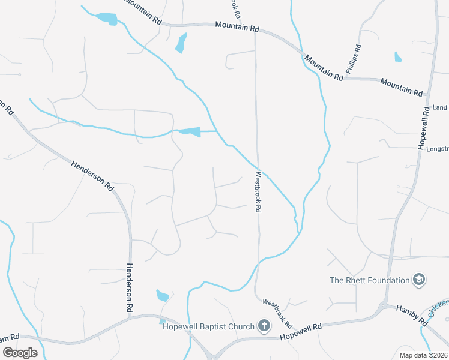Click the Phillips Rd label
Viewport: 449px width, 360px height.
(x=352, y=59)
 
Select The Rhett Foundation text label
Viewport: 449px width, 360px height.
(x=369, y=280)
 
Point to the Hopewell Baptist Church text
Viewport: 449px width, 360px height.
(x=208, y=326)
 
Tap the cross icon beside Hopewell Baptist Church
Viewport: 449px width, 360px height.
(x=263, y=326)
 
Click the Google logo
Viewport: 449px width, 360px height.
(x=20, y=352)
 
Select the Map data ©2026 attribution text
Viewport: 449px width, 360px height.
(x=423, y=355)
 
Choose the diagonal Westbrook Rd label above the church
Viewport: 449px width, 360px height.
(x=277, y=313)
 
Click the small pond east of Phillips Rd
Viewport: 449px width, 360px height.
(x=397, y=57)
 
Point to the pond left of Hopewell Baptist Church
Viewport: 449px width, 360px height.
(x=163, y=295)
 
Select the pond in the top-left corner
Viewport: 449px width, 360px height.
(x=107, y=19)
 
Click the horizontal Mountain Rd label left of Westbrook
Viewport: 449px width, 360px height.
(x=237, y=28)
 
